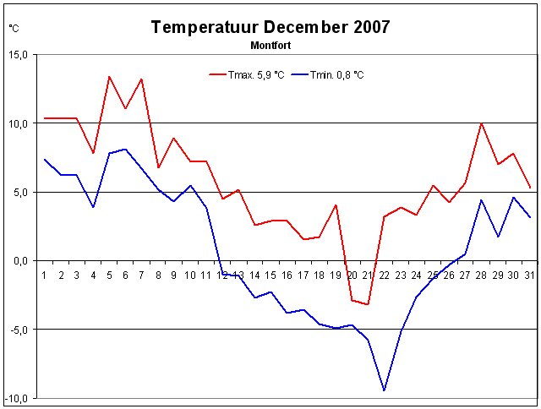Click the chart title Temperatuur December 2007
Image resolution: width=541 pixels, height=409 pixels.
pyautogui.click(x=270, y=26)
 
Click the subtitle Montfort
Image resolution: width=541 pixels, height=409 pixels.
pyautogui.click(x=271, y=43)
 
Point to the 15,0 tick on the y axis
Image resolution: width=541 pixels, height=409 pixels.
pyautogui.click(x=19, y=55)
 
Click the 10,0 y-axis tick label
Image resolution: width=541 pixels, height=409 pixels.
pyautogui.click(x=19, y=123)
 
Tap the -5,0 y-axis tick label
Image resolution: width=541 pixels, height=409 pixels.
pyautogui.click(x=19, y=330)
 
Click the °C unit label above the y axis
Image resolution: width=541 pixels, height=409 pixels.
pyautogui.click(x=14, y=28)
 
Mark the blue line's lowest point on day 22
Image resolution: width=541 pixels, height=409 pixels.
pyautogui.click(x=385, y=390)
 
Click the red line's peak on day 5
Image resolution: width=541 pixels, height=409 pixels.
pyautogui.click(x=109, y=77)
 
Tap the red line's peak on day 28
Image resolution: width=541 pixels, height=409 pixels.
pyautogui.click(x=481, y=123)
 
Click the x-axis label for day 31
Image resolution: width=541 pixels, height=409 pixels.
pyautogui.click(x=529, y=275)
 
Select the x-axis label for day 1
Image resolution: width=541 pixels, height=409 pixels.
pyautogui.click(x=44, y=275)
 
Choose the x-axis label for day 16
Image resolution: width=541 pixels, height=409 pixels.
pyautogui.click(x=287, y=275)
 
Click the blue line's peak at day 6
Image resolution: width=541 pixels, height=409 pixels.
pyautogui.click(x=125, y=150)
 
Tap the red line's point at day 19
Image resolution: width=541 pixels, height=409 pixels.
pyautogui.click(x=336, y=204)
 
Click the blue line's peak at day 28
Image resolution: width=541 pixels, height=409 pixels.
pyautogui.click(x=481, y=200)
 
